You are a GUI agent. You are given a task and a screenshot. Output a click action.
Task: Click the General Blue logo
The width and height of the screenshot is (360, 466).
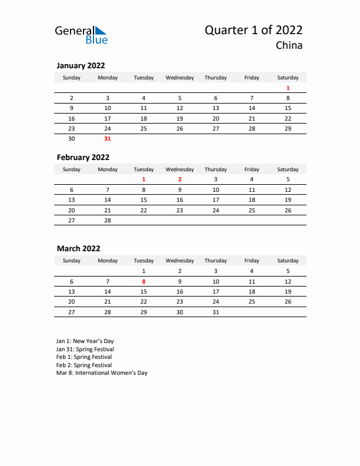tap(81, 35)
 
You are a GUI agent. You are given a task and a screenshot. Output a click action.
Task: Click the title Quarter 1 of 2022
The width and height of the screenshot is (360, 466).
tap(254, 31)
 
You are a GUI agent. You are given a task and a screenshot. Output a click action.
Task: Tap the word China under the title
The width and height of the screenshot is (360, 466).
tap(289, 46)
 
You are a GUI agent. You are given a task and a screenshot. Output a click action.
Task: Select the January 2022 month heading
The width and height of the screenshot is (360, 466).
tap(81, 66)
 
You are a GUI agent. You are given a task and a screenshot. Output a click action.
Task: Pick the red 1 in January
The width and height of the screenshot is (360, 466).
tap(288, 88)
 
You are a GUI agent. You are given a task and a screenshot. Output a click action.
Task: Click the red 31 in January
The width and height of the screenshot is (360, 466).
tap(108, 139)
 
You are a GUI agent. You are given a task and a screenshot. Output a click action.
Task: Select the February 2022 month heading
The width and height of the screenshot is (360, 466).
tap(83, 157)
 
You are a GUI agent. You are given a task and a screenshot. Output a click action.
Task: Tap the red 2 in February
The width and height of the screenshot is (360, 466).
tap(179, 179)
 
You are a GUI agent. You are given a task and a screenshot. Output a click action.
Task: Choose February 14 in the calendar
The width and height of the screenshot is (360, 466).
tap(108, 199)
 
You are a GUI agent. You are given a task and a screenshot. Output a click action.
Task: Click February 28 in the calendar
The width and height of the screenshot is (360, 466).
tap(108, 219)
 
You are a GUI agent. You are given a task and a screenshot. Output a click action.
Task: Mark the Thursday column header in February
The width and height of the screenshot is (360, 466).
tap(215, 169)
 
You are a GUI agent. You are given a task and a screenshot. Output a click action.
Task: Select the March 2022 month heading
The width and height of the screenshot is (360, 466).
tap(78, 249)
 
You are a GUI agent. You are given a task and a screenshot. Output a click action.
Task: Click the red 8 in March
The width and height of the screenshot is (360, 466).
tap(144, 281)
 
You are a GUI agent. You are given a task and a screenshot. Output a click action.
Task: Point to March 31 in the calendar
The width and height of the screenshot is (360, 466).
tap(215, 312)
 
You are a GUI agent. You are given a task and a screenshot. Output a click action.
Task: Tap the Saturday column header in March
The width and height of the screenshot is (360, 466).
tap(288, 261)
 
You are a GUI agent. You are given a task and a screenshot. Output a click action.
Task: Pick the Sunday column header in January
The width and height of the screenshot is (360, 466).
tap(72, 78)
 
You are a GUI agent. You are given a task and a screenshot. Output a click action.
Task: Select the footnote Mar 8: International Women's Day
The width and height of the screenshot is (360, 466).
tap(102, 373)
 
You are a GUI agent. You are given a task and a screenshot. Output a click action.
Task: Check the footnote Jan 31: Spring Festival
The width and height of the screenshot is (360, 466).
tap(85, 349)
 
